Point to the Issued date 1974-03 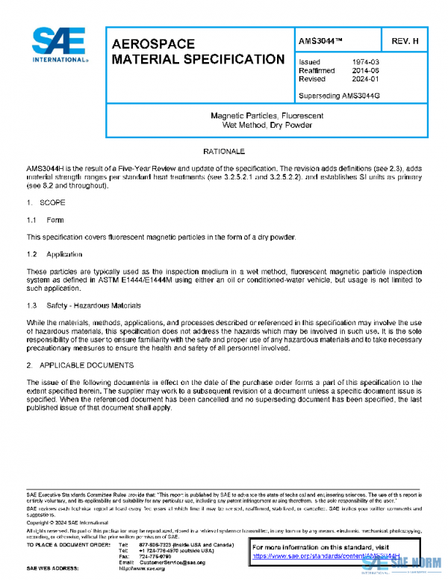click(365, 62)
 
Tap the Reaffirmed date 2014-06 click(365, 70)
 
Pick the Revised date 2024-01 click(365, 78)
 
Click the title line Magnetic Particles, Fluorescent click(267, 116)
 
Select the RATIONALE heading click(224, 152)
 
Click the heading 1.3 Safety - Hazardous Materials click(84, 306)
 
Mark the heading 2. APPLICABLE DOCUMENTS click(80, 365)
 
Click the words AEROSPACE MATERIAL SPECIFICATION click(198, 52)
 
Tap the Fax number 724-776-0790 click(155, 556)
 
